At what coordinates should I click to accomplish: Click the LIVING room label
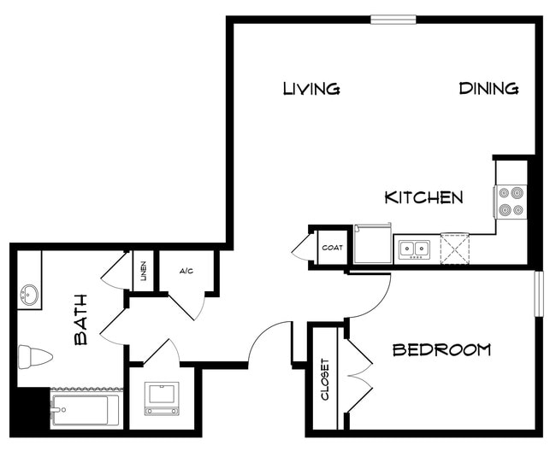311,88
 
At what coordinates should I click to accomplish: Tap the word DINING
488,88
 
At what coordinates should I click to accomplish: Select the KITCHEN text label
424,197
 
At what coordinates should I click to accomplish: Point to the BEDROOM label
441,349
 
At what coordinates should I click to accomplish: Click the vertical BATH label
81,319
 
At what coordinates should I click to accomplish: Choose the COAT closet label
332,249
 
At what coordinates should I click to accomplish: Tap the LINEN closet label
144,272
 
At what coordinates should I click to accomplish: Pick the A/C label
186,272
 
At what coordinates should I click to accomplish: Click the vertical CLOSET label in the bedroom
325,379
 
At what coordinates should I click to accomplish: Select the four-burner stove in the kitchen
511,202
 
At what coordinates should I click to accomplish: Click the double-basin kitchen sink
417,249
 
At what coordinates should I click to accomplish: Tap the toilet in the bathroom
35,356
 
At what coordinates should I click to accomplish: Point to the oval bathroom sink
30,296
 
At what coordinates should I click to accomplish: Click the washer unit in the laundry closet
161,398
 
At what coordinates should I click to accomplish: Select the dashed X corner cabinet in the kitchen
455,249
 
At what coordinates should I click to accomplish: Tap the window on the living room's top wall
393,19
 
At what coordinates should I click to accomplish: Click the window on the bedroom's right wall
539,293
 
